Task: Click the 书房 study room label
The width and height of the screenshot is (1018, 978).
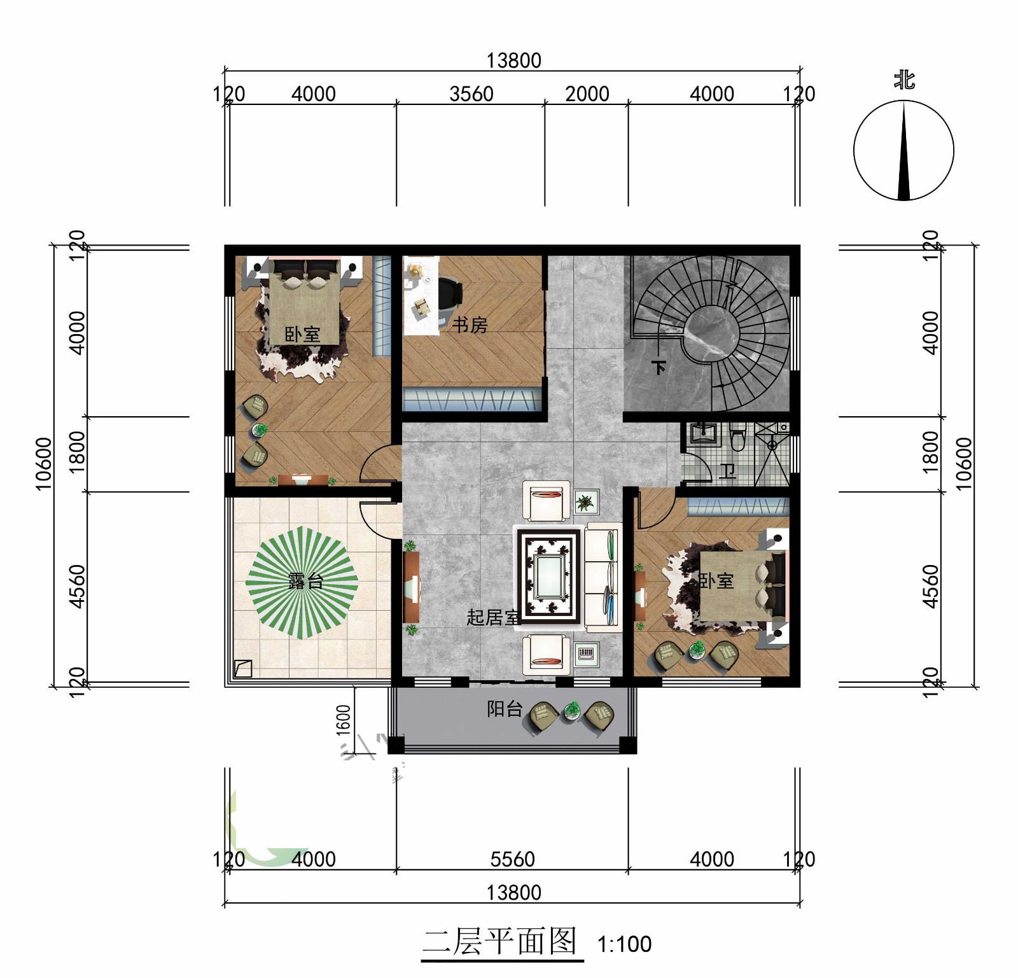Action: [x=470, y=325]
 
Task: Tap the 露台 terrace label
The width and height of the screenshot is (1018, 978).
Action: [x=306, y=581]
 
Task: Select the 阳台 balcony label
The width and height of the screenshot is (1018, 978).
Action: [x=505, y=709]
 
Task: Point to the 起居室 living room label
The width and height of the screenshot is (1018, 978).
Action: [x=494, y=617]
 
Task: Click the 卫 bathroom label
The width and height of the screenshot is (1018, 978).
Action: [x=727, y=471]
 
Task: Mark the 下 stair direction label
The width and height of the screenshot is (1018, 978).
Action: [x=659, y=367]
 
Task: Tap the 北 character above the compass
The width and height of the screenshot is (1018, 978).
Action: [x=904, y=81]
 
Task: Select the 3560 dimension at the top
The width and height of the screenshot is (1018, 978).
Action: [x=471, y=94]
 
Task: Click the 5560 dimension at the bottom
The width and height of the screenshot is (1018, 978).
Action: [x=513, y=860]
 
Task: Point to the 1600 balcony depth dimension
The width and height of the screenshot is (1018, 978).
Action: [x=344, y=720]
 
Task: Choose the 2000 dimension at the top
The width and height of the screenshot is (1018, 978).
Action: [x=587, y=94]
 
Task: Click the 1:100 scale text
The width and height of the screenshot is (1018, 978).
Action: [x=624, y=944]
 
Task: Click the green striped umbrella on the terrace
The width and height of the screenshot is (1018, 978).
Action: [x=302, y=582]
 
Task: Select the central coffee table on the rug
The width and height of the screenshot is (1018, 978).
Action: [x=548, y=575]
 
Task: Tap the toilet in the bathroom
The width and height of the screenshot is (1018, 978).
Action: [x=737, y=438]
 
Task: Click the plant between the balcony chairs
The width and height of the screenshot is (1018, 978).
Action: [x=572, y=710]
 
